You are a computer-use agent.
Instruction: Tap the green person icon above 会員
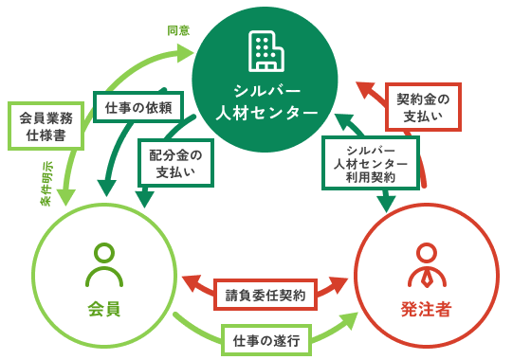pyautogui.click(x=104, y=266)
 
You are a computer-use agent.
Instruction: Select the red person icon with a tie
pyautogui.click(x=427, y=266)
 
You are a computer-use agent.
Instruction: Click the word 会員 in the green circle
pyautogui.click(x=104, y=309)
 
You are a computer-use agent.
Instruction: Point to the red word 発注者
pyautogui.click(x=427, y=309)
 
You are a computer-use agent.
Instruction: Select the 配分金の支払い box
pyautogui.click(x=175, y=162)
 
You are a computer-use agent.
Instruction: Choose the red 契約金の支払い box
pyautogui.click(x=424, y=107)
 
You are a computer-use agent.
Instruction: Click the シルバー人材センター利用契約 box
pyautogui.click(x=371, y=162)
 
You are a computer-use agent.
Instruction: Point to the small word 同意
pyautogui.click(x=178, y=29)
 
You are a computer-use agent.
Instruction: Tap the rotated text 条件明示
pyautogui.click(x=47, y=183)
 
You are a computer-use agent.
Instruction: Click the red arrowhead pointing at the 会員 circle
pyautogui.click(x=190, y=283)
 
